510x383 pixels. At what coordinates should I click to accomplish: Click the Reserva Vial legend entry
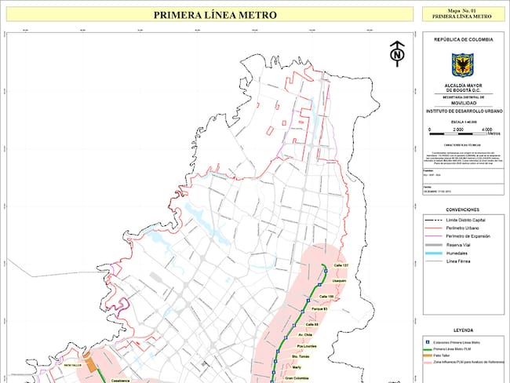(x=459, y=245)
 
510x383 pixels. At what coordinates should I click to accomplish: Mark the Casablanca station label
(x=120, y=379)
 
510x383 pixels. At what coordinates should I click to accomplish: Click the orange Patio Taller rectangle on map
(x=90, y=365)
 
